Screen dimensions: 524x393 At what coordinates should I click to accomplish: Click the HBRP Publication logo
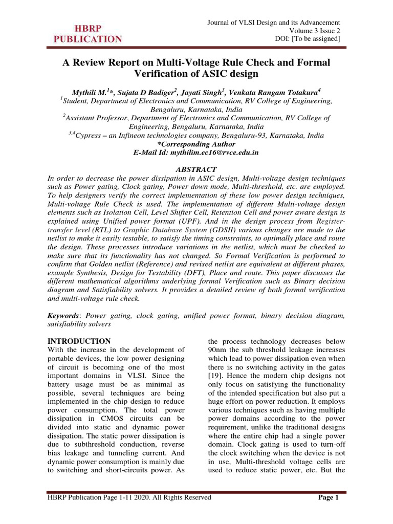point(85,33)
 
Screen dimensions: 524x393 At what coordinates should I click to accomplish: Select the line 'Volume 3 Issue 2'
point(314,31)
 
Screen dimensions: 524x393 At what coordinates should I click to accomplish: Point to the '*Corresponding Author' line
point(196,144)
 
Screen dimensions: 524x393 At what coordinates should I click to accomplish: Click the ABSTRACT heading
point(196,169)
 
